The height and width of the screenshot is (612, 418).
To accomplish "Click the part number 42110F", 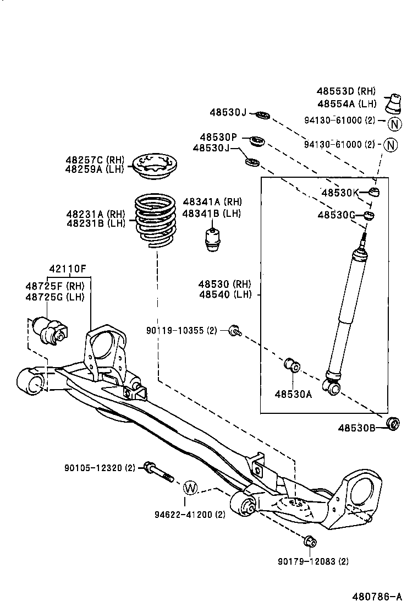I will coord(68,269).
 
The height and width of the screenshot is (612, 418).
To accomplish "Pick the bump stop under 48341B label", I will coord(212,238).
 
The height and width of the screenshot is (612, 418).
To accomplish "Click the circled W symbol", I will coord(190,487).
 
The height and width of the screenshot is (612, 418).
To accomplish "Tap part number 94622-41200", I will coord(190,515).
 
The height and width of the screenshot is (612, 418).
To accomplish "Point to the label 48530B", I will coord(356,428).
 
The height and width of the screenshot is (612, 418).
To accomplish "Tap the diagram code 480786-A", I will coord(377,596).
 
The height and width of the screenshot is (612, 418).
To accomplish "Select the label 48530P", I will coord(218,137).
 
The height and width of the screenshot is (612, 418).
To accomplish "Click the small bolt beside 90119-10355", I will coord(235,330).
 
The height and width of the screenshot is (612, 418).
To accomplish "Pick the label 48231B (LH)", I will coord(96,223).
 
